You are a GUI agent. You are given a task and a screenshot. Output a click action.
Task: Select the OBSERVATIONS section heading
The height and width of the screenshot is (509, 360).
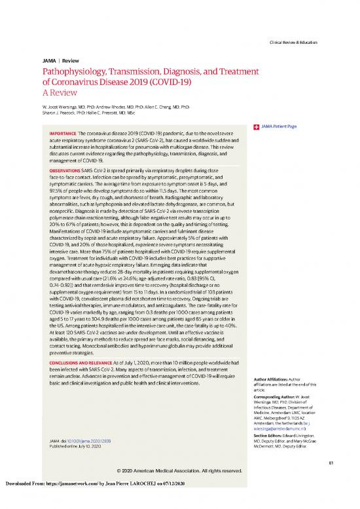(x=65, y=170)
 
